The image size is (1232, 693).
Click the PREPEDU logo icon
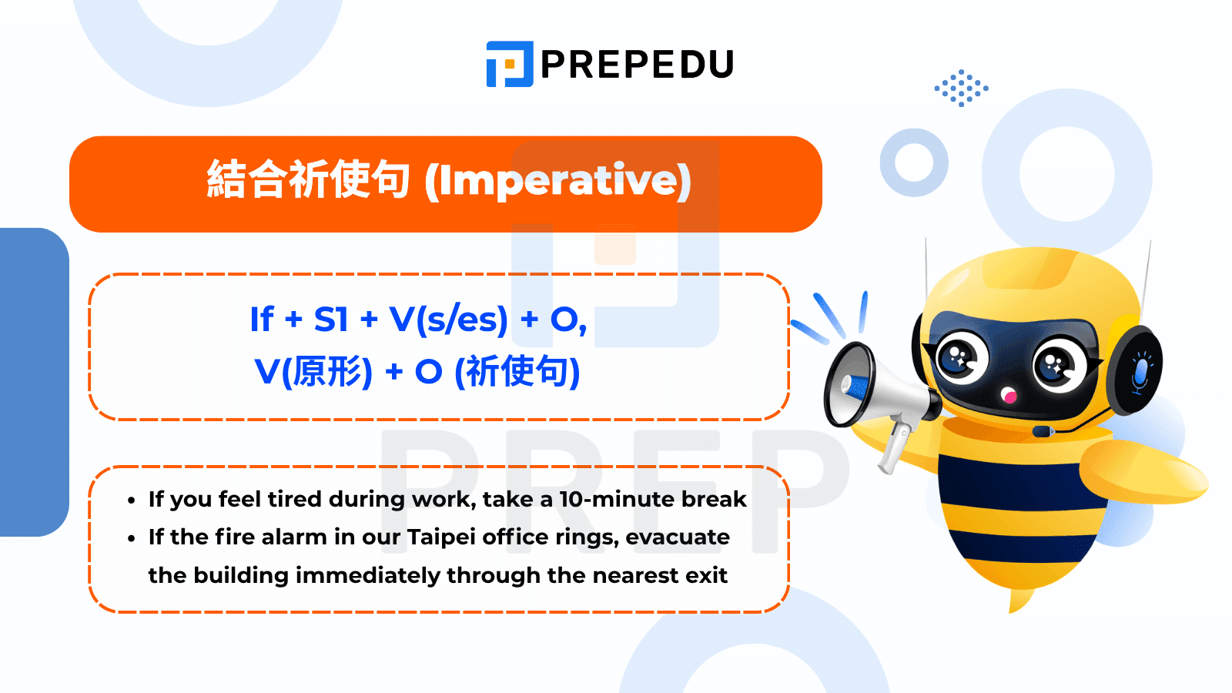pos(509,64)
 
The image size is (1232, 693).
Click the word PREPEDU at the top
pos(638,65)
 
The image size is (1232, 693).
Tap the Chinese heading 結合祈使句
pos(308,179)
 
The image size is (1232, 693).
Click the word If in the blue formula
pos(262,319)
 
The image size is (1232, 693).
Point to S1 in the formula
pos(331,319)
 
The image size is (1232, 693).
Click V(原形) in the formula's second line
pos(313,372)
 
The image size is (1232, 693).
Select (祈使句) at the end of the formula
pos(517,372)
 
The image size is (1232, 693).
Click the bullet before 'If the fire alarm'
pos(131,538)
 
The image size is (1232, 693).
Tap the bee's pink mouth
pos(1009,395)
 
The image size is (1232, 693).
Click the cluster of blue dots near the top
pos(961,88)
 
